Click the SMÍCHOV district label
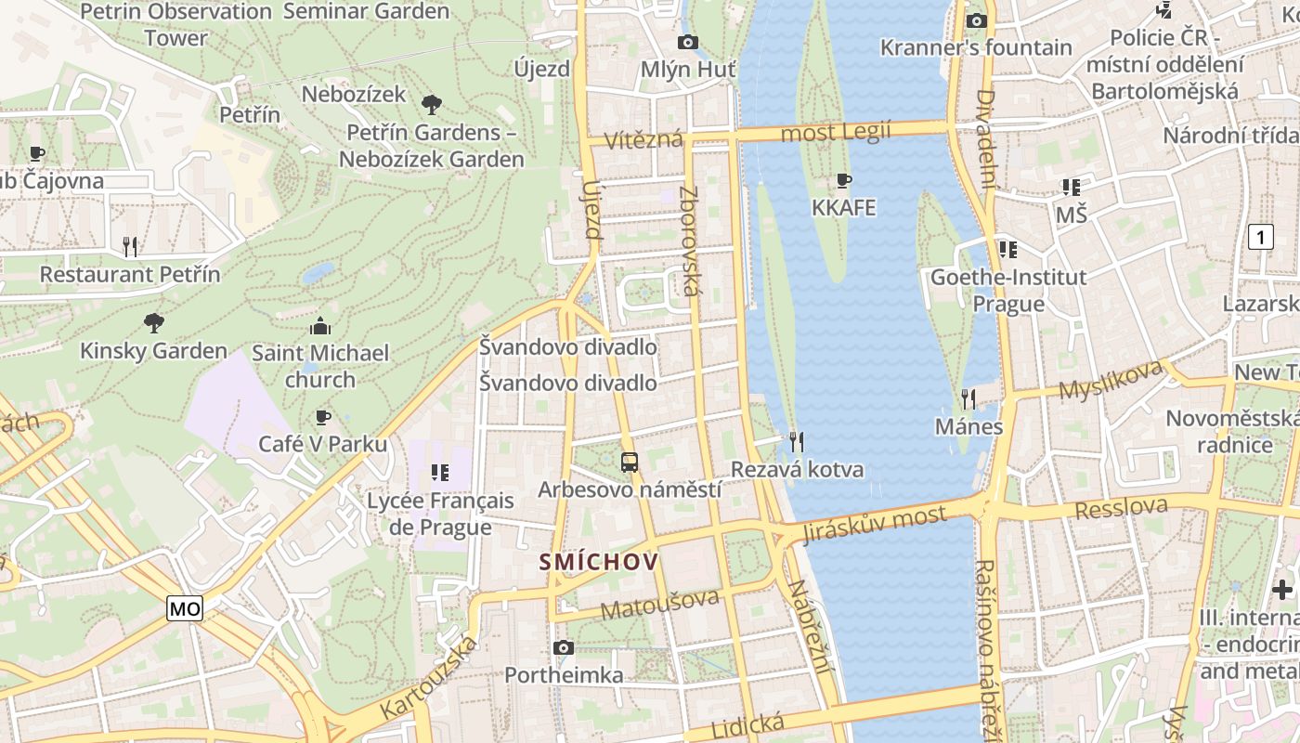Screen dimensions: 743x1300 (599, 562)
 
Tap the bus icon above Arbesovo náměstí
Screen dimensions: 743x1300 (630, 462)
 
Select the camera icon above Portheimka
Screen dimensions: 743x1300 (563, 647)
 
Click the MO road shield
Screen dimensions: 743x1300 (185, 609)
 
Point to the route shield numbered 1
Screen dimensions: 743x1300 (1260, 238)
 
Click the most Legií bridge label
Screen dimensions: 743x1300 (836, 132)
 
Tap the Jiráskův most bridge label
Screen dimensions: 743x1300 (875, 523)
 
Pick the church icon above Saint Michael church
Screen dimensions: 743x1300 (320, 326)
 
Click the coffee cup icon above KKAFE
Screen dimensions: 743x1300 (843, 180)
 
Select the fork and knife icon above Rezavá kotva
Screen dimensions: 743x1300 (796, 441)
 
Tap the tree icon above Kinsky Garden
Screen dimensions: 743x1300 (154, 323)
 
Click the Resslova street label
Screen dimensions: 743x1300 (1121, 508)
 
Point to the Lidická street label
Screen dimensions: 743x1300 (747, 724)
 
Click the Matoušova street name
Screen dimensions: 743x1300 (659, 604)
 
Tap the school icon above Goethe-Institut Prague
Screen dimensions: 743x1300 (1007, 249)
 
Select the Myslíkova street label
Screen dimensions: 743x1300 (1111, 379)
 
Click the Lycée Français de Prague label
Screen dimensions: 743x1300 (439, 514)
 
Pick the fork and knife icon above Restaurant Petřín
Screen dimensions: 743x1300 (130, 246)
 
